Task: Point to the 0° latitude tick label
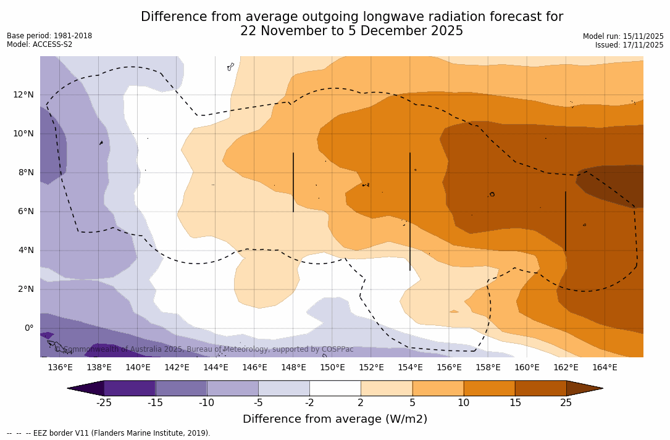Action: [29, 328]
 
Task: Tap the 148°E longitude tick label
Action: [293, 368]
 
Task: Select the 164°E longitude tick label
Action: [605, 368]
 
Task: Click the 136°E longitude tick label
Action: [60, 368]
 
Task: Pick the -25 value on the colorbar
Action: [104, 403]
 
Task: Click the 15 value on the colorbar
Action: [515, 403]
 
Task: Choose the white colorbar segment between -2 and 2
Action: [335, 388]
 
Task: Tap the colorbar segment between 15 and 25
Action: [540, 388]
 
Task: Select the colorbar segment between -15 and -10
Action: [181, 388]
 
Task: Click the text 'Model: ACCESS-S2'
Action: [40, 44]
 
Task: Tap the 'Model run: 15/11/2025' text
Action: [623, 36]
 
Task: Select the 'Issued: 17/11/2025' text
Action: [629, 45]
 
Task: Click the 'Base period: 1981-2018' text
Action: [49, 36]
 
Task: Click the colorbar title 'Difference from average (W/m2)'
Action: [335, 420]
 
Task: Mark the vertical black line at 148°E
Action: [293, 182]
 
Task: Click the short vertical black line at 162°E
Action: [566, 221]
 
